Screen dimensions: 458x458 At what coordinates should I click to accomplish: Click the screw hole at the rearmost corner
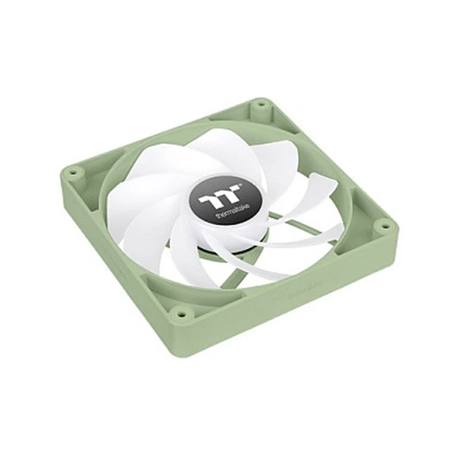[260, 103]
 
